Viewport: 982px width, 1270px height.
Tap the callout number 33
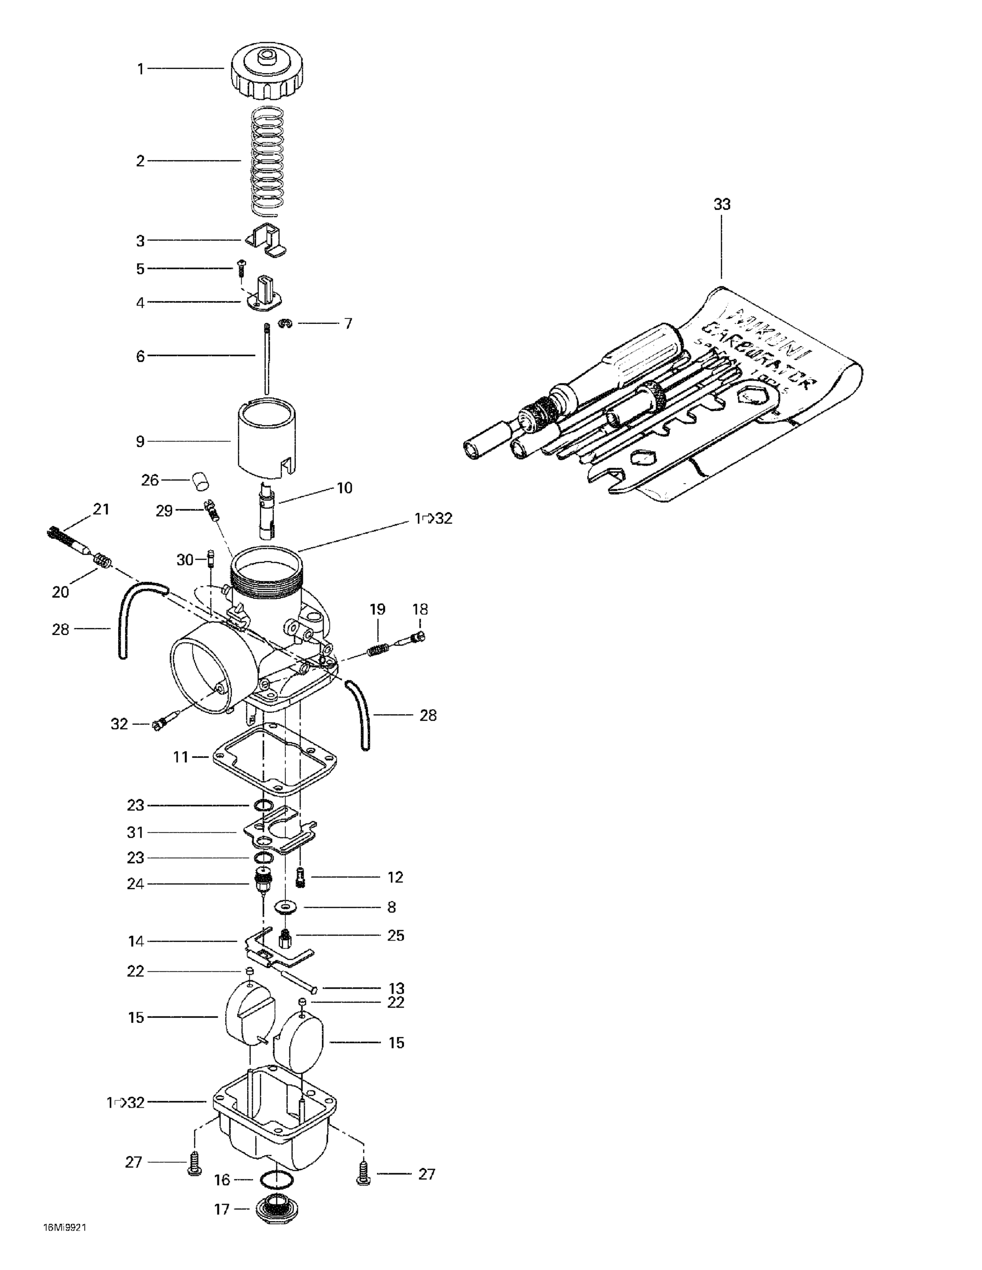722,205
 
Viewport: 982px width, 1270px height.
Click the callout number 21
101,509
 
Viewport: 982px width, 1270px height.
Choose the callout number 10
344,488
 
